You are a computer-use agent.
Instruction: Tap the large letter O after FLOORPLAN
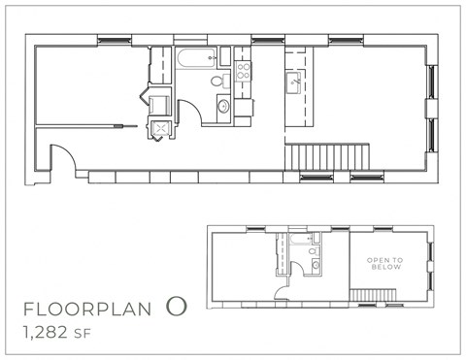point(175,308)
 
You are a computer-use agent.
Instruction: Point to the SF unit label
point(99,336)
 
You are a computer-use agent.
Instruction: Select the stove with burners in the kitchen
point(242,70)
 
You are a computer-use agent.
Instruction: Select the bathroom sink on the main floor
point(223,105)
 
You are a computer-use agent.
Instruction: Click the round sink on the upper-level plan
point(313,266)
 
